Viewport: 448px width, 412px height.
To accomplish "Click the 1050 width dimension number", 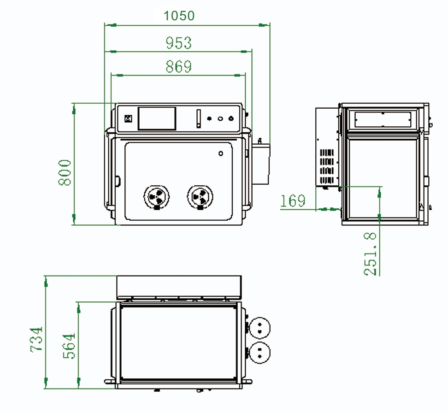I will (x=179, y=16).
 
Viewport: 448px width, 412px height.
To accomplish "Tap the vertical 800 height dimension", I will (x=65, y=172).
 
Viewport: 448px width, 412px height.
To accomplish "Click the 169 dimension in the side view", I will (x=293, y=201).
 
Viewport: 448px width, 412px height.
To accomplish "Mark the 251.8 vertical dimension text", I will (x=371, y=254).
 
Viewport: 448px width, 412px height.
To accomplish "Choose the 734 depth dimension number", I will (x=36, y=340).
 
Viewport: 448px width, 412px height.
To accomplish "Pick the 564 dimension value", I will (x=69, y=346).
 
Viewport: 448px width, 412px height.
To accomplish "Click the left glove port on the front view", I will (x=157, y=197).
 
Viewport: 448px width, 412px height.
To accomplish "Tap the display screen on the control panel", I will (x=157, y=118).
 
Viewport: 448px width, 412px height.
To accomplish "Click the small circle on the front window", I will (x=221, y=153).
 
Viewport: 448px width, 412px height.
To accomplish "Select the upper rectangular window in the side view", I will (x=382, y=119).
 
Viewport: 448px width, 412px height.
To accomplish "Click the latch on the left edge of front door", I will (x=118, y=181).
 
